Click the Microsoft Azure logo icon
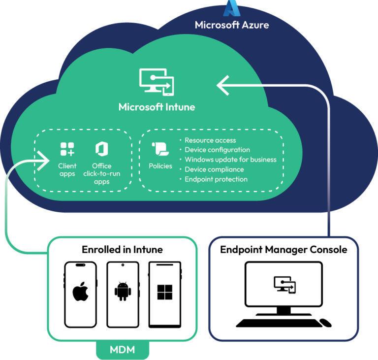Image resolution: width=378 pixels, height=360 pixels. tap(232, 8)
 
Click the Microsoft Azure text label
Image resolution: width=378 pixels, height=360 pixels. tap(232, 25)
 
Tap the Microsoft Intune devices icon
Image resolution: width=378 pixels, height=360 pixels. tap(157, 82)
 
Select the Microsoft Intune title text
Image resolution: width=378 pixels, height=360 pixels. tap(157, 107)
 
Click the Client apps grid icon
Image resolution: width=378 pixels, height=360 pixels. tap(67, 149)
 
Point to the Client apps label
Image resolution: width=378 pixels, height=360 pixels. tap(67, 170)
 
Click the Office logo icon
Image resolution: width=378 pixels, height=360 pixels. tap(102, 149)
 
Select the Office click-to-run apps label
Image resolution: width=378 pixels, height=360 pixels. tap(102, 173)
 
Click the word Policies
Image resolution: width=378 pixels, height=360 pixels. tap(160, 166)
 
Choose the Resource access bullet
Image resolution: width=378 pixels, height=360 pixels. tap(210, 140)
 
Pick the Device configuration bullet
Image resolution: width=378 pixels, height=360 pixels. tap(217, 150)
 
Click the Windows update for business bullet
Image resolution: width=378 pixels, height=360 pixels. tap(230, 160)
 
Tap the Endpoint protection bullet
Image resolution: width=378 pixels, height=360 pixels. tap(216, 179)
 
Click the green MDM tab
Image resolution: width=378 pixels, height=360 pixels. tap(122, 350)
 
